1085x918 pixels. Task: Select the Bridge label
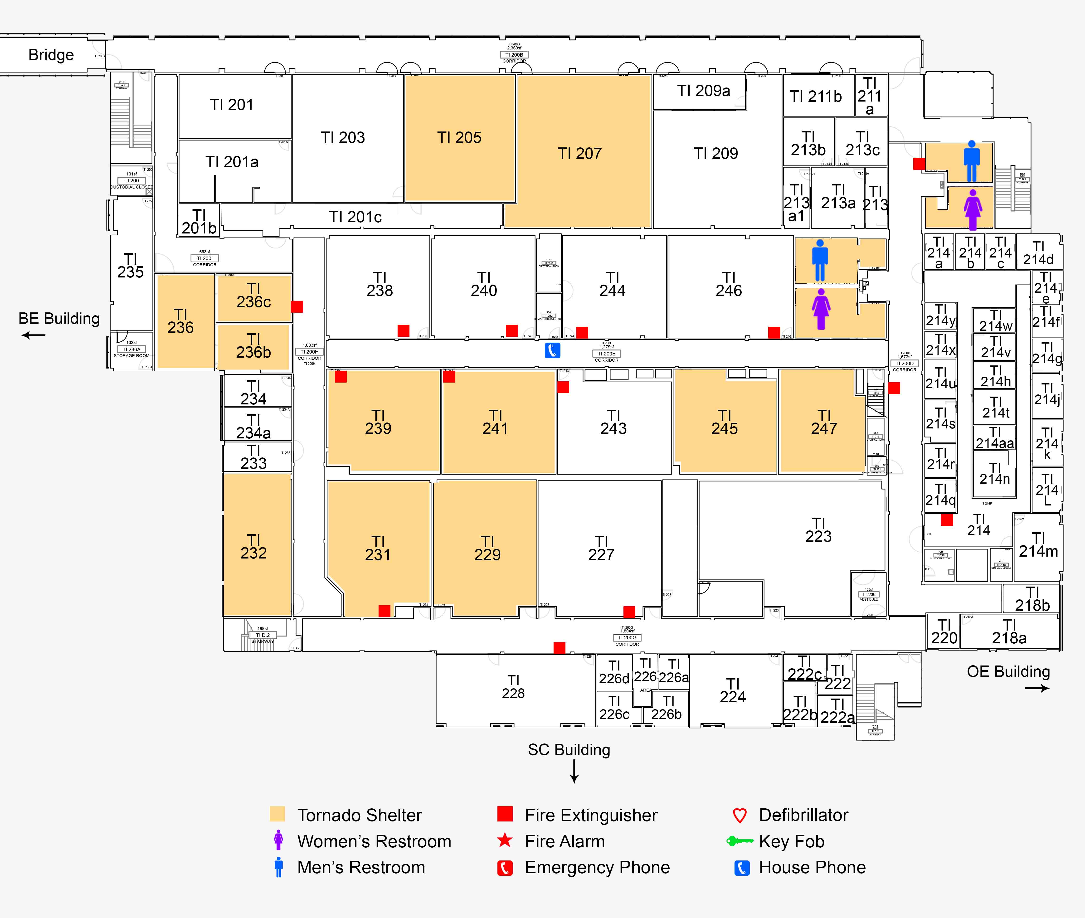tap(51, 55)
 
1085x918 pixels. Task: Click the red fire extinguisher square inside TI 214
tap(947, 519)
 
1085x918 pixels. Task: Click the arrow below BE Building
tap(33, 335)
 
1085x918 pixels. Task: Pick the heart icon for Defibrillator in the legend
tap(740, 815)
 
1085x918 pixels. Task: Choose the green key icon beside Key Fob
tap(740, 841)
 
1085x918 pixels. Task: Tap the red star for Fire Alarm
tap(505, 840)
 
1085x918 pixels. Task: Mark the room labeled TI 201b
tap(199, 222)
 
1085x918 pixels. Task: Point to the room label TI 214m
tap(1038, 545)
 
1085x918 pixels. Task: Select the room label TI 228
tap(513, 687)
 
